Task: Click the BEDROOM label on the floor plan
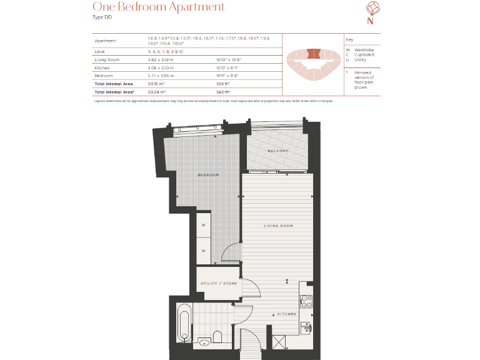pyautogui.click(x=208, y=175)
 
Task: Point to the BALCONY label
pyautogui.click(x=278, y=151)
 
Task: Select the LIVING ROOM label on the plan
pyautogui.click(x=277, y=226)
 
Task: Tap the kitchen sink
pyautogui.click(x=306, y=327)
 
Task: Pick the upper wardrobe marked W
pyautogui.click(x=204, y=225)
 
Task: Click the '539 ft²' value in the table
pyautogui.click(x=224, y=83)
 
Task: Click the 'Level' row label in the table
pyautogui.click(x=101, y=52)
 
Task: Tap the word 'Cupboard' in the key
pyautogui.click(x=364, y=54)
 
